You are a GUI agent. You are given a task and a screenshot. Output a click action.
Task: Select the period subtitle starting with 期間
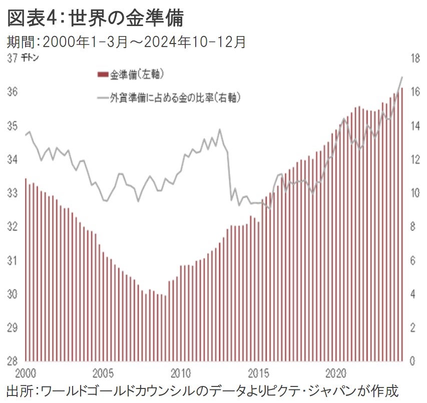click(126, 42)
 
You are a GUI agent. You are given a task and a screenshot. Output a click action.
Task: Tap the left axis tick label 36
click(13, 92)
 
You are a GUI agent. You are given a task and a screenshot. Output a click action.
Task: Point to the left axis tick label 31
click(13, 260)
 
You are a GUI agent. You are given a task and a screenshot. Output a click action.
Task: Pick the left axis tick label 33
click(13, 193)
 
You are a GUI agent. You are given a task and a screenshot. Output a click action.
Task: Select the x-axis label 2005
click(103, 373)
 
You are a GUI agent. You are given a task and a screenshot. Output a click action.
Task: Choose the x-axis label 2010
click(181, 373)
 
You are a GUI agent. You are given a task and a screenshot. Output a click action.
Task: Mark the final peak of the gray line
click(401, 77)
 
